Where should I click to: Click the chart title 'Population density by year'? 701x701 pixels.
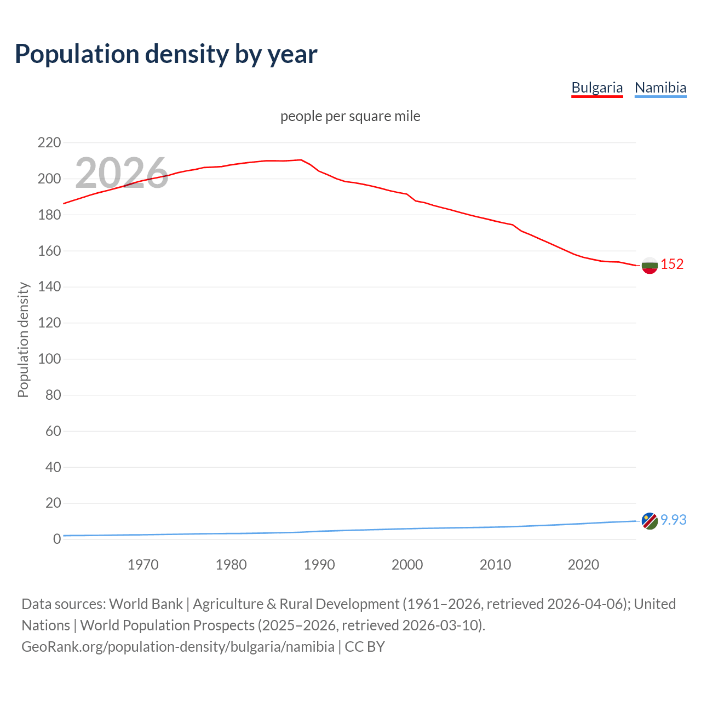point(166,54)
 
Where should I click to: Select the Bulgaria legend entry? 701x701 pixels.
point(597,88)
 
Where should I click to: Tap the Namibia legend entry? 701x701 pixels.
point(660,88)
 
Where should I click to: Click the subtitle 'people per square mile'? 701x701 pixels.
point(350,116)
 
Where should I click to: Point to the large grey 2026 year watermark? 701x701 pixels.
point(121,173)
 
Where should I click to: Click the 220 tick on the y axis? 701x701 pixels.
point(49,143)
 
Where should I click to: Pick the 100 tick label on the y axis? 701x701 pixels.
point(49,359)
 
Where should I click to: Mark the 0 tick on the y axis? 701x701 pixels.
point(57,539)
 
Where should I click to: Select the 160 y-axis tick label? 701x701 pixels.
point(49,251)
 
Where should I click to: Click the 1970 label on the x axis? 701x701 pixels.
point(143,565)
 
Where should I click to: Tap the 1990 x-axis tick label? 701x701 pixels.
point(319,565)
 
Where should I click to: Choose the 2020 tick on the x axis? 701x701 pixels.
point(583,565)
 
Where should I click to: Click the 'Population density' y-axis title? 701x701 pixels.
point(23,340)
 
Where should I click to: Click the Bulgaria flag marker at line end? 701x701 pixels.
point(649,265)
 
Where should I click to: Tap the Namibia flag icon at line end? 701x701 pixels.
point(649,521)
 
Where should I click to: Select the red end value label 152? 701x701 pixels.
point(672,264)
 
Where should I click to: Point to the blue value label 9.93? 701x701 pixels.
point(673,520)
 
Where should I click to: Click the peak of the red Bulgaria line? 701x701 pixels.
point(301,160)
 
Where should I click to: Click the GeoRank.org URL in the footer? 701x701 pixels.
point(178,647)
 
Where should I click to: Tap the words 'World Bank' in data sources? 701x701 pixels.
point(146,604)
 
